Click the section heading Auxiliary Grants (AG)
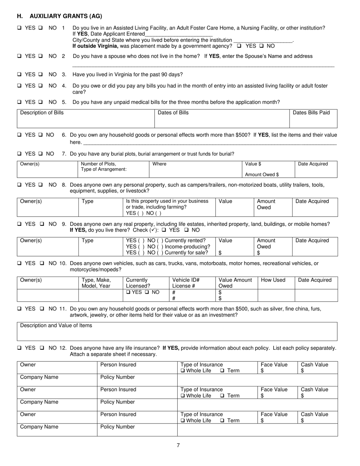click(59, 16)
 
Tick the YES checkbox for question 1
click(19, 28)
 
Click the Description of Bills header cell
click(42, 113)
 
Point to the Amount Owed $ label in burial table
click(262, 175)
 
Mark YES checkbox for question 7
click(19, 154)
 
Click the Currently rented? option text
click(185, 240)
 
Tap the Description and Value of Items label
click(56, 325)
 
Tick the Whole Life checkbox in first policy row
click(183, 371)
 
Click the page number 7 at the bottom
click(178, 446)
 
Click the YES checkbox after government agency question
click(239, 46)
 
